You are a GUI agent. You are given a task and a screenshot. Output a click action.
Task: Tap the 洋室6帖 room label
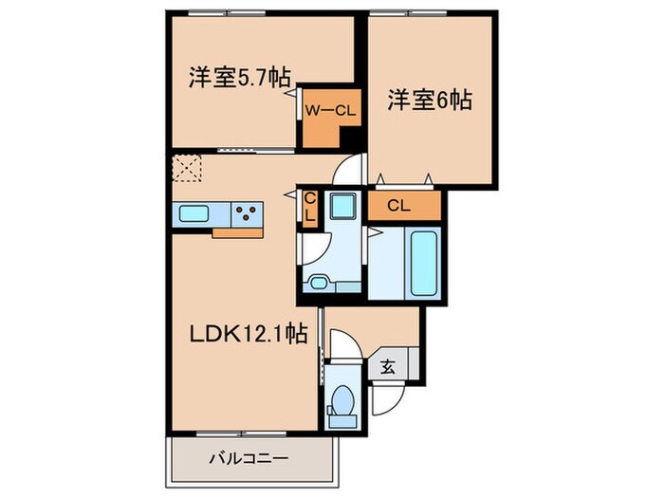pos(430,98)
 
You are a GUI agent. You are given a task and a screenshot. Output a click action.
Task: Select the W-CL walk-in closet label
pos(329,110)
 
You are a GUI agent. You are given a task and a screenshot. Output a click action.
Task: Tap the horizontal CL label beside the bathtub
pos(399,203)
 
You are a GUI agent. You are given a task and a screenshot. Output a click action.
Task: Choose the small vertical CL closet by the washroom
pos(309,208)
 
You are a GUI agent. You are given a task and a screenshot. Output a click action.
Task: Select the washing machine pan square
pos(341,206)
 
